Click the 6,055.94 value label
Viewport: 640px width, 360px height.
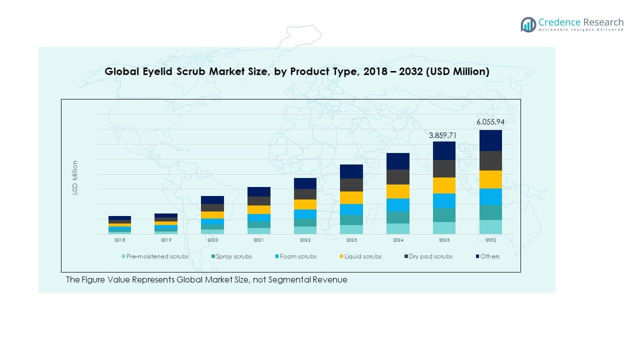click(490, 122)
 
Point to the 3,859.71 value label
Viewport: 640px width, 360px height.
click(444, 135)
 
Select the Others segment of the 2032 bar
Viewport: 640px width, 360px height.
click(490, 140)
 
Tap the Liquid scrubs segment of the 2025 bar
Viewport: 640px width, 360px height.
click(444, 185)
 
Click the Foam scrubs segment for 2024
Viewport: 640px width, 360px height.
click(398, 205)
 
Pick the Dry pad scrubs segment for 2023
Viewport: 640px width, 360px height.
click(351, 185)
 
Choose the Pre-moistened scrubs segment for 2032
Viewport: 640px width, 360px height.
click(490, 227)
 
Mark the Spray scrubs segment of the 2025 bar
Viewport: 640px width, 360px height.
click(444, 215)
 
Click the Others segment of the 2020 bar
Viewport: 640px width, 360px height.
click(212, 200)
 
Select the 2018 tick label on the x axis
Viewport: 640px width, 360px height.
click(120, 240)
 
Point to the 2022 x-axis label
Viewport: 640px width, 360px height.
click(305, 240)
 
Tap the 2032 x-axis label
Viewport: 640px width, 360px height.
click(490, 240)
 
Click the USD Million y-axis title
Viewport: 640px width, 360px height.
click(75, 177)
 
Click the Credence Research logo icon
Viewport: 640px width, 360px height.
click(528, 24)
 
